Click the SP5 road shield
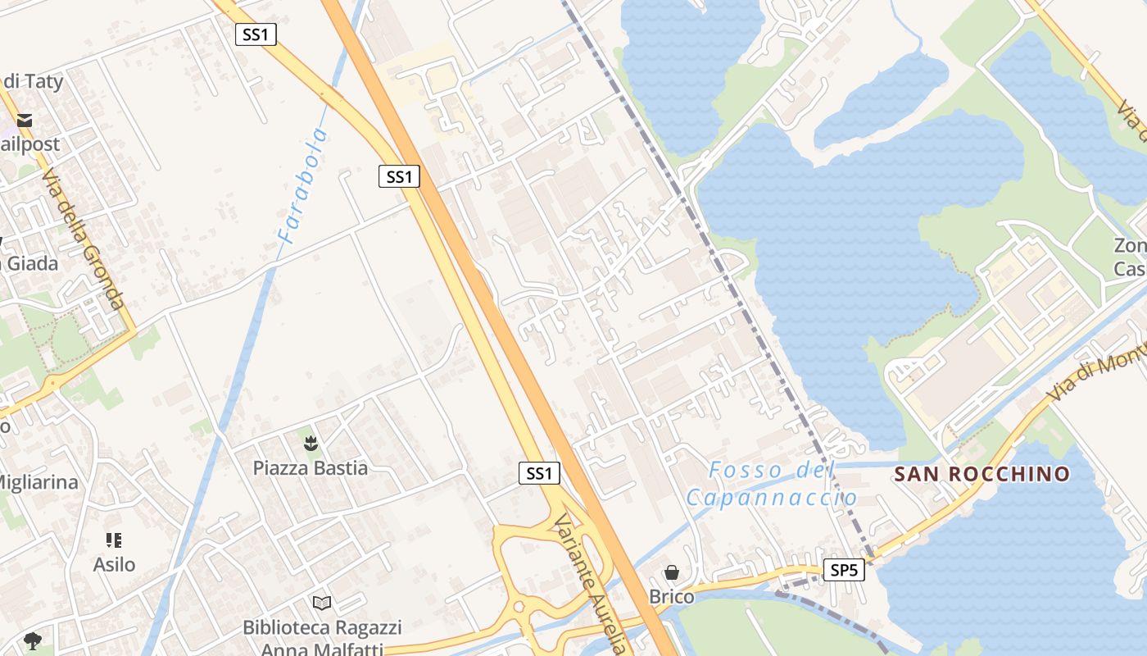(843, 570)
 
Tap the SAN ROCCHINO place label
(982, 474)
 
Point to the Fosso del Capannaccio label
(771, 484)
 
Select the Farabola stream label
(303, 187)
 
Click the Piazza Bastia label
(310, 468)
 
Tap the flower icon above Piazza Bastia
(311, 444)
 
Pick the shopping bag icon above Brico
(672, 572)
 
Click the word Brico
(672, 597)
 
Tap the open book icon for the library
(323, 604)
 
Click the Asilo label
(114, 565)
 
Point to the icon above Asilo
(114, 540)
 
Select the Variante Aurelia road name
(590, 584)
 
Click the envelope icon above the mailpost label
(24, 121)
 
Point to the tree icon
(33, 640)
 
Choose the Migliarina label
(38, 482)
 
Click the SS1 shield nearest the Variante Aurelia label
(539, 473)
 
